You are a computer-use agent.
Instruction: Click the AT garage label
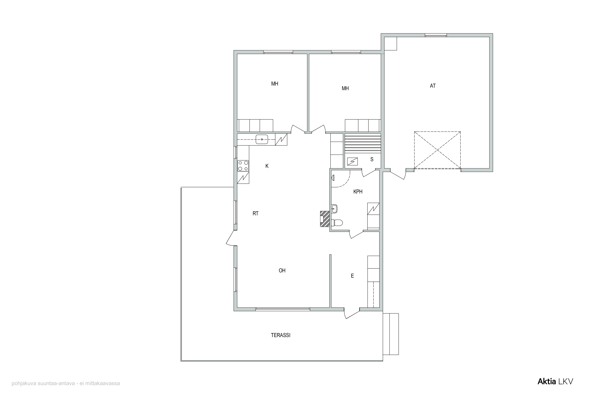[x=433, y=86]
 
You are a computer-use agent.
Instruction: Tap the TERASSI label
[x=280, y=335]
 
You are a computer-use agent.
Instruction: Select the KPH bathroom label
[x=358, y=192]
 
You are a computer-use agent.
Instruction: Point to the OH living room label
[x=282, y=270]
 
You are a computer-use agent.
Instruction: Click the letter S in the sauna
[x=372, y=159]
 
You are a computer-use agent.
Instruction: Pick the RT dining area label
[x=255, y=213]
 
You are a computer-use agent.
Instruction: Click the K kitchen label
[x=267, y=166]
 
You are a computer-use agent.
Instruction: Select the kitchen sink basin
[x=262, y=139]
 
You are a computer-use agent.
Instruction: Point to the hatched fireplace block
[x=325, y=219]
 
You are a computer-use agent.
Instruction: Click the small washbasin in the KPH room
[x=334, y=209]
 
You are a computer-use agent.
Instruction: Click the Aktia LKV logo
[x=555, y=382]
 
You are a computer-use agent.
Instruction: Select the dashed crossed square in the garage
[x=437, y=150]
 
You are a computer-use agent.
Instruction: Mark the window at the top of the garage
[x=436, y=35]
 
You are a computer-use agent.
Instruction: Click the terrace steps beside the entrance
[x=391, y=334]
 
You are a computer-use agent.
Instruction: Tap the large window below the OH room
[x=283, y=309]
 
